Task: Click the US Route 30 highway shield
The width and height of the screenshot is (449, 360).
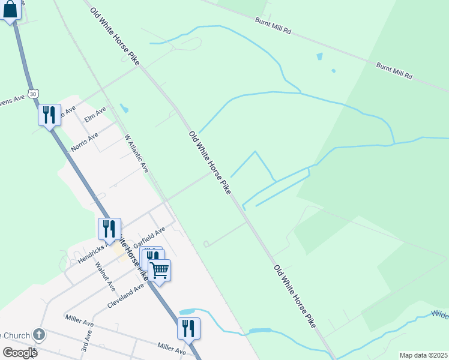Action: click(34, 94)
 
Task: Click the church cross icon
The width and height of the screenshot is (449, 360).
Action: click(39, 334)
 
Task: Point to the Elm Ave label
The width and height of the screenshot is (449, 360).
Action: click(95, 114)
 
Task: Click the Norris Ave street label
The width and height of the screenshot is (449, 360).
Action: click(83, 142)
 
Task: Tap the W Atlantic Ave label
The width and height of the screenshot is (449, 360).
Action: click(136, 154)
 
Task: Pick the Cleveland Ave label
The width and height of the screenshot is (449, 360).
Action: click(126, 296)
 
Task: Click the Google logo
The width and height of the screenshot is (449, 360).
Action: click(20, 352)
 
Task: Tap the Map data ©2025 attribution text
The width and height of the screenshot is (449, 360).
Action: click(423, 355)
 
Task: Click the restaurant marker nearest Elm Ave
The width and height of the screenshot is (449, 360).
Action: click(49, 114)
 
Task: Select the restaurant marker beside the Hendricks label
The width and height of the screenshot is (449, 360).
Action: click(109, 228)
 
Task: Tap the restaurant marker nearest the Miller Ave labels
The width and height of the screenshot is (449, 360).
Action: click(188, 328)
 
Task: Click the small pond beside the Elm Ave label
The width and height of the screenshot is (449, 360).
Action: click(124, 109)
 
